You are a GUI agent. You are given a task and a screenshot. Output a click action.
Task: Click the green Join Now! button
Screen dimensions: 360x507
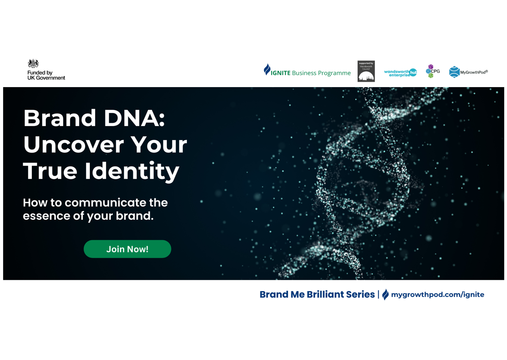127,249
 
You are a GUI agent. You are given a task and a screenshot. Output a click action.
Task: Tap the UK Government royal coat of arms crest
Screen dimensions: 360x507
33,63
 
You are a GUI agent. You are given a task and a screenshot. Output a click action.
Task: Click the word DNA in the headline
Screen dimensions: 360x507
134,118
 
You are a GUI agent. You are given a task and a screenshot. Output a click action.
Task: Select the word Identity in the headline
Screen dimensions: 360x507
132,171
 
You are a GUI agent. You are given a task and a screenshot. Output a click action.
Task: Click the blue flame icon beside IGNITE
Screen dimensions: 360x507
267,70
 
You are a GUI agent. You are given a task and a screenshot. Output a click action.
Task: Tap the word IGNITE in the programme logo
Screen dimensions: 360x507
280,73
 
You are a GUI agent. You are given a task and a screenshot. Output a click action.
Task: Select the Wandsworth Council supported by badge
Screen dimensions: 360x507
366,71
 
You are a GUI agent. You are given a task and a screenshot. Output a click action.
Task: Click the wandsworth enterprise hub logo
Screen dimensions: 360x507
400,73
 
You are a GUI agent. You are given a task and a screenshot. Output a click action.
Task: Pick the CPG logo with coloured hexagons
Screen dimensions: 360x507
432,71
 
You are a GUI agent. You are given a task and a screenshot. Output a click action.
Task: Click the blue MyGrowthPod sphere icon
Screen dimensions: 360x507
454,72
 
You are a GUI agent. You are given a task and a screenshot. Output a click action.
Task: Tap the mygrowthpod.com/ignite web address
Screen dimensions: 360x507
437,295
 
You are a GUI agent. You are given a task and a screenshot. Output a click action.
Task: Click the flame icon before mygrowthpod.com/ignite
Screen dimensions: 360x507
385,294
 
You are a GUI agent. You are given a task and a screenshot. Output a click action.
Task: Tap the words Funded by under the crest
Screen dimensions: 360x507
40,73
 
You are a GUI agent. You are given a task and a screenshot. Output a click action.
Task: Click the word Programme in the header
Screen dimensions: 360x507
334,73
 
